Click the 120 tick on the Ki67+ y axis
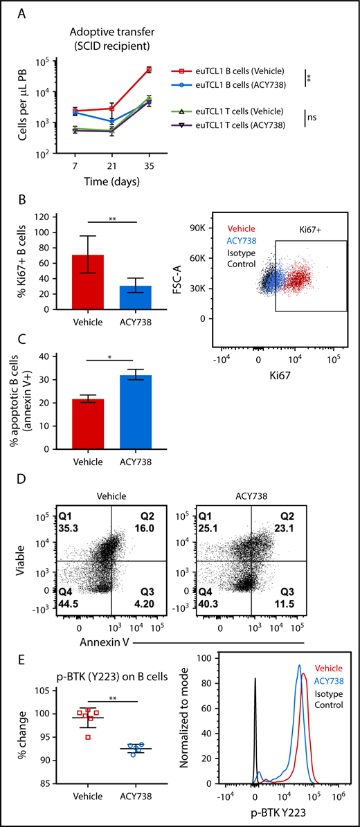pyautogui.click(x=37, y=217)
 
